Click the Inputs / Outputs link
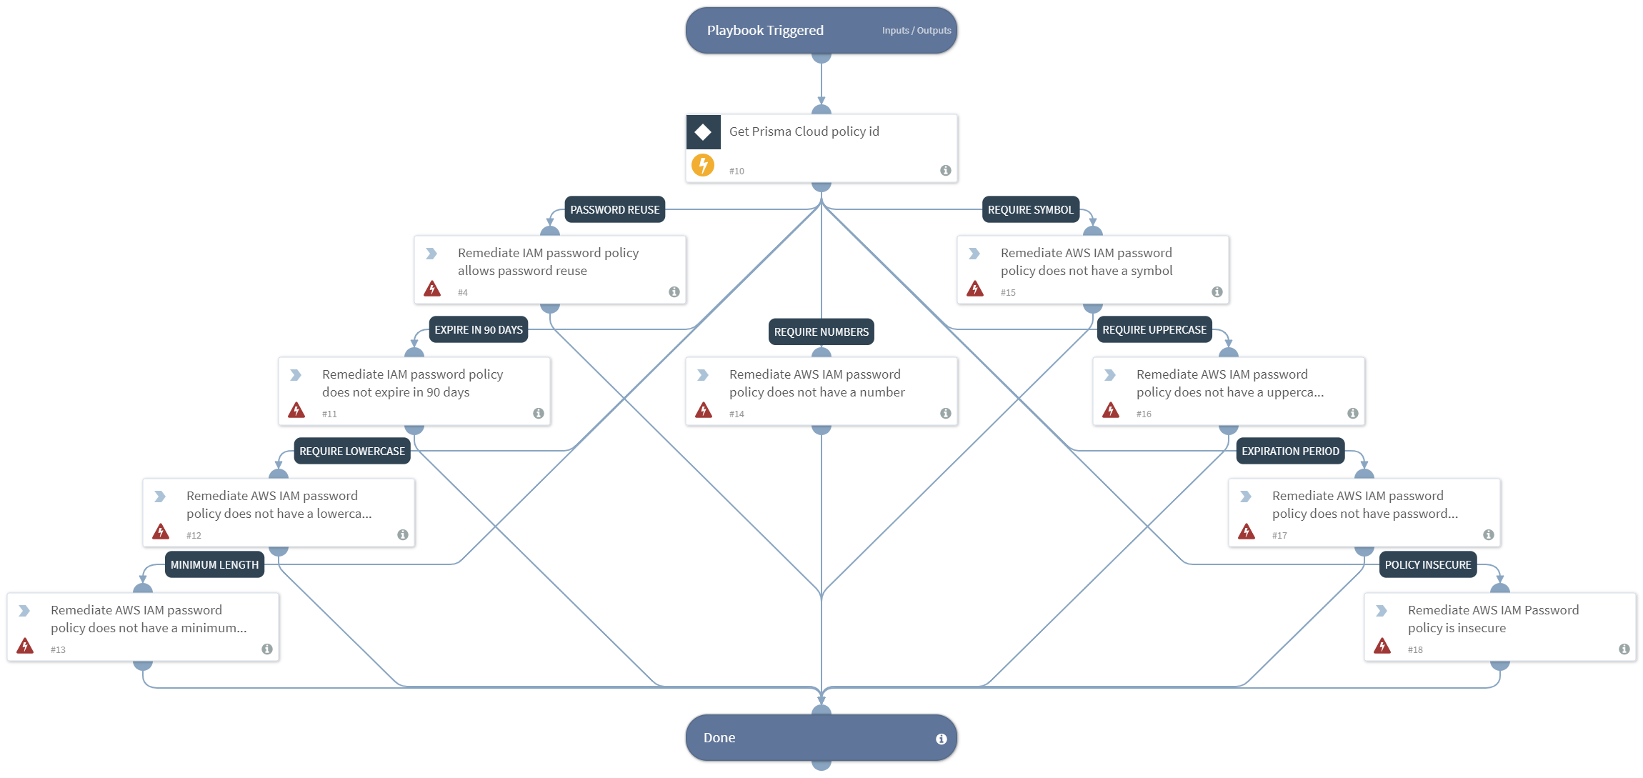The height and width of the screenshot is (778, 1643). tap(916, 31)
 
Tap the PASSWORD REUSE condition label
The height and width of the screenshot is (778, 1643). tap(614, 210)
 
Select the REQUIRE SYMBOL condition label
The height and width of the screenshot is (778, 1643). tap(1030, 210)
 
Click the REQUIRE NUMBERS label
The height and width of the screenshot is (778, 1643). tap(821, 332)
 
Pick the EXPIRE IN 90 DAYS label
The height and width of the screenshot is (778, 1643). tap(478, 330)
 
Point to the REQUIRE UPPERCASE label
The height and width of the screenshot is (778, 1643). tap(1154, 330)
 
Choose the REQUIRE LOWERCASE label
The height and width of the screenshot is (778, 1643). tap(351, 452)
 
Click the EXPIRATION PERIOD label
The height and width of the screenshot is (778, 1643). tap(1289, 452)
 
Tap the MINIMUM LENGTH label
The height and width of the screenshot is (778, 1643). tap(214, 565)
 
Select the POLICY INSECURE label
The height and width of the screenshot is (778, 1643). tap(1427, 565)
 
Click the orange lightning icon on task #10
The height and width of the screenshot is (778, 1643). tap(703, 166)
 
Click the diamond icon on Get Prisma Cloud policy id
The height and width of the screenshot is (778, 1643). tap(703, 132)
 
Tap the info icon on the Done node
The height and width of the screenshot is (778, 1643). tap(941, 739)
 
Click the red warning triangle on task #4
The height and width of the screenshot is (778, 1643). tap(432, 289)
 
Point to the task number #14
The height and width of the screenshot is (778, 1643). tap(736, 414)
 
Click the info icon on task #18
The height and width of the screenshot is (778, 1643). tap(1624, 649)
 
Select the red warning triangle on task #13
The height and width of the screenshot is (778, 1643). tap(25, 646)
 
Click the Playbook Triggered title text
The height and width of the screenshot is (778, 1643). tap(765, 31)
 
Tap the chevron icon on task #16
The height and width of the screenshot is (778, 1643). tap(1110, 375)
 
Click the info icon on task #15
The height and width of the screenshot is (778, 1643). tap(1217, 292)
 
